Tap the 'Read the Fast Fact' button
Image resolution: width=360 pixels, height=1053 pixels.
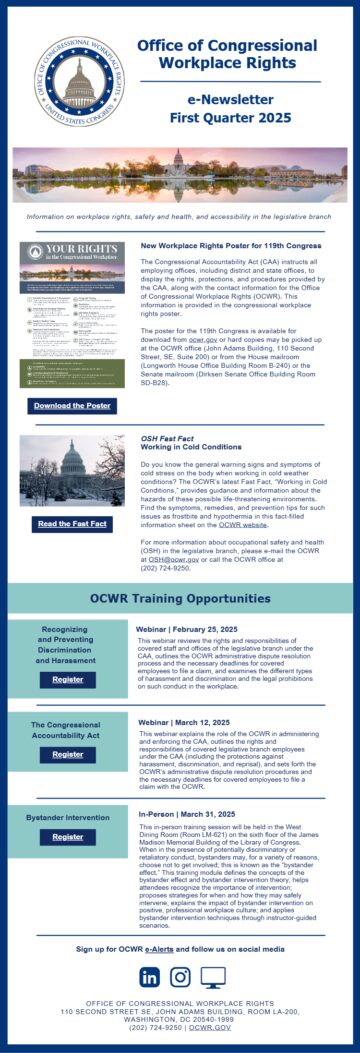[x=72, y=523]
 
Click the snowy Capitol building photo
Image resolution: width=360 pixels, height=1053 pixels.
[x=72, y=471]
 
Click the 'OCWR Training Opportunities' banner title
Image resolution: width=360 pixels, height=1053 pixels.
[x=180, y=597]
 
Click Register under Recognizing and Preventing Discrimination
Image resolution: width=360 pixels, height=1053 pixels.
[x=68, y=679]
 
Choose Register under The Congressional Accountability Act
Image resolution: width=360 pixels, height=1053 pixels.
[x=68, y=754]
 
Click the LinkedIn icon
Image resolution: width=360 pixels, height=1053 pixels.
[x=149, y=977]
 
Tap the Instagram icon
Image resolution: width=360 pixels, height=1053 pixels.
[x=180, y=977]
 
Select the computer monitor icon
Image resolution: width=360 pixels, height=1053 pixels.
[x=212, y=977]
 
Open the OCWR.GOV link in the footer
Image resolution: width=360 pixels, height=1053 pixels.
[x=210, y=1027]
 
